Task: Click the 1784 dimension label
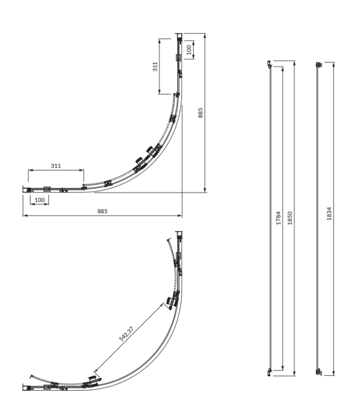278,218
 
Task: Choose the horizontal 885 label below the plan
102,211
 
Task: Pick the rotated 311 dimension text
155,67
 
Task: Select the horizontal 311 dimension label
56,166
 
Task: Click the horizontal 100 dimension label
40,199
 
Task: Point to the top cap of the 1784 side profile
269,64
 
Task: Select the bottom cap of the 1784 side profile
270,371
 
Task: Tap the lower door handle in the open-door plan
92,381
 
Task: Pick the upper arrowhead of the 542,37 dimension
163,304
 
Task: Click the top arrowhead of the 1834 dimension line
334,63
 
